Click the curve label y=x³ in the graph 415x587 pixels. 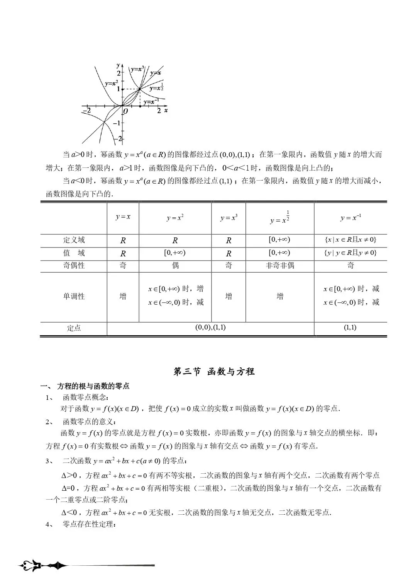pyautogui.click(x=137, y=70)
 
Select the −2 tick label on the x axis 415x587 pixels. pyautogui.click(x=86, y=111)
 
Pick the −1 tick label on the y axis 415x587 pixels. pyautogui.click(x=116, y=123)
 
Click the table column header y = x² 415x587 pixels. pyautogui.click(x=175, y=218)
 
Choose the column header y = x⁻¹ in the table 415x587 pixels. pyautogui.click(x=351, y=218)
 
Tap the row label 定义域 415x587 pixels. pyautogui.click(x=74, y=240)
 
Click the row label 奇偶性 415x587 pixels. pyautogui.click(x=74, y=266)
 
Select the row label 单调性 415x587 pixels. pyautogui.click(x=74, y=297)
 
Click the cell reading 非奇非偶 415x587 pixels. pyautogui.click(x=280, y=266)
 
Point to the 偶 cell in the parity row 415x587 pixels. pyautogui.click(x=175, y=266)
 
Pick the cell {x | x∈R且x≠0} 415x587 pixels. pyautogui.click(x=351, y=240)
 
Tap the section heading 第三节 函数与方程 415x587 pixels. pyautogui.click(x=214, y=372)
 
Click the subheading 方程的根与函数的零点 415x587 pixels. pyautogui.click(x=93, y=386)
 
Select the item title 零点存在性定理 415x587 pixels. pyautogui.click(x=89, y=524)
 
